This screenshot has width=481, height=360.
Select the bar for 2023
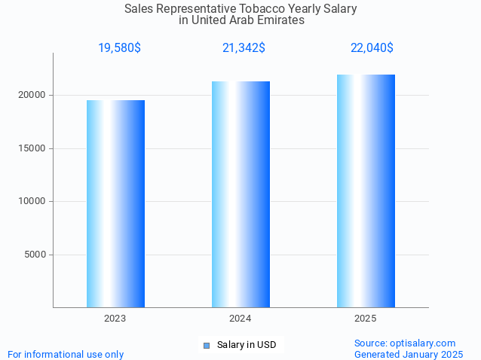pyautogui.click(x=115, y=203)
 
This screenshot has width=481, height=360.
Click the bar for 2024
pyautogui.click(x=240, y=194)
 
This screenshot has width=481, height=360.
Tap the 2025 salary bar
pyautogui.click(x=366, y=191)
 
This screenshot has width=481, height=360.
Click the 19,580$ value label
pyautogui.click(x=119, y=48)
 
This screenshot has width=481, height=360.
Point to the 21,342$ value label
pyautogui.click(x=244, y=48)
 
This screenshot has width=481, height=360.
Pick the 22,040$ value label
pyautogui.click(x=372, y=48)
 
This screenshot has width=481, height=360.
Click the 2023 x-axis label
pyautogui.click(x=115, y=319)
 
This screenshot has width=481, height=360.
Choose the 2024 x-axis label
pyautogui.click(x=240, y=319)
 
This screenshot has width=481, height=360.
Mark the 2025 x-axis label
pyautogui.click(x=366, y=319)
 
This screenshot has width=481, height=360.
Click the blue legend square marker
pyautogui.click(x=207, y=346)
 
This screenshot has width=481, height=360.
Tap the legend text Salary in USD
pyautogui.click(x=247, y=346)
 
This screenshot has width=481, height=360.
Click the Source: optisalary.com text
pyautogui.click(x=405, y=343)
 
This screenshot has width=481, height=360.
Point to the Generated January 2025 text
pyautogui.click(x=409, y=354)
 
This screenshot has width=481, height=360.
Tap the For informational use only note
pyautogui.click(x=66, y=354)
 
